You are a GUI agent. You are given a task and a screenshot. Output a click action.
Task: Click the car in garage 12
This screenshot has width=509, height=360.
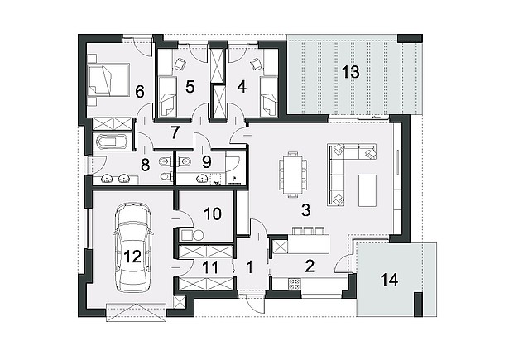[132, 247]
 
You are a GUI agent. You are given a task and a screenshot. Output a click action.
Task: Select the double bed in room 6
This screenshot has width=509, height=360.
[108, 79]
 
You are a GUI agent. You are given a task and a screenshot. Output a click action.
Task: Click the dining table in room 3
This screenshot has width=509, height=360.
[293, 175]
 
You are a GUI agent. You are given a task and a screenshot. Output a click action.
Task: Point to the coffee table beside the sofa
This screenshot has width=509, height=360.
[367, 190]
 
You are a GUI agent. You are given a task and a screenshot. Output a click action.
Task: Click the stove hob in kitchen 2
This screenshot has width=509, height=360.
[295, 284]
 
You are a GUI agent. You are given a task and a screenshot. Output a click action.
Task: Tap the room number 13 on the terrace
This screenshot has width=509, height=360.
[351, 72]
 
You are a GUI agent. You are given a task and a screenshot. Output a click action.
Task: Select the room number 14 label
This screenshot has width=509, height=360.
[389, 280]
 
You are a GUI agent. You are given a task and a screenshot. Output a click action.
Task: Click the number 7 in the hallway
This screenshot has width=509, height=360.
[175, 132]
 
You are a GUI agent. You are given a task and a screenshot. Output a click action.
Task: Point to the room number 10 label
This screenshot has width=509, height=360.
[213, 214]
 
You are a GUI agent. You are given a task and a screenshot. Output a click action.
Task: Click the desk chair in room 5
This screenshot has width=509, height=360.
[180, 64]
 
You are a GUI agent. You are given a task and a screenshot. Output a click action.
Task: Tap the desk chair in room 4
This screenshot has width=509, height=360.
[256, 64]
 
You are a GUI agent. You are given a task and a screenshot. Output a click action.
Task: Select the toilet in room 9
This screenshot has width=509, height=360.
[185, 161]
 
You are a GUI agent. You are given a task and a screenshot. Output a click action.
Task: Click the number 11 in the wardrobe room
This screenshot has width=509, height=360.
[210, 268]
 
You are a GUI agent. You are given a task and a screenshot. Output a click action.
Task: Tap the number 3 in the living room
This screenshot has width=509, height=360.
[305, 210]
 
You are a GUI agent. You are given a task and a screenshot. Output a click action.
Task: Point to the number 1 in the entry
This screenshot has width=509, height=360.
[249, 267]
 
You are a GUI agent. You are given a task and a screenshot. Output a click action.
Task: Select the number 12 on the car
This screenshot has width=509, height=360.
[132, 257]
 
